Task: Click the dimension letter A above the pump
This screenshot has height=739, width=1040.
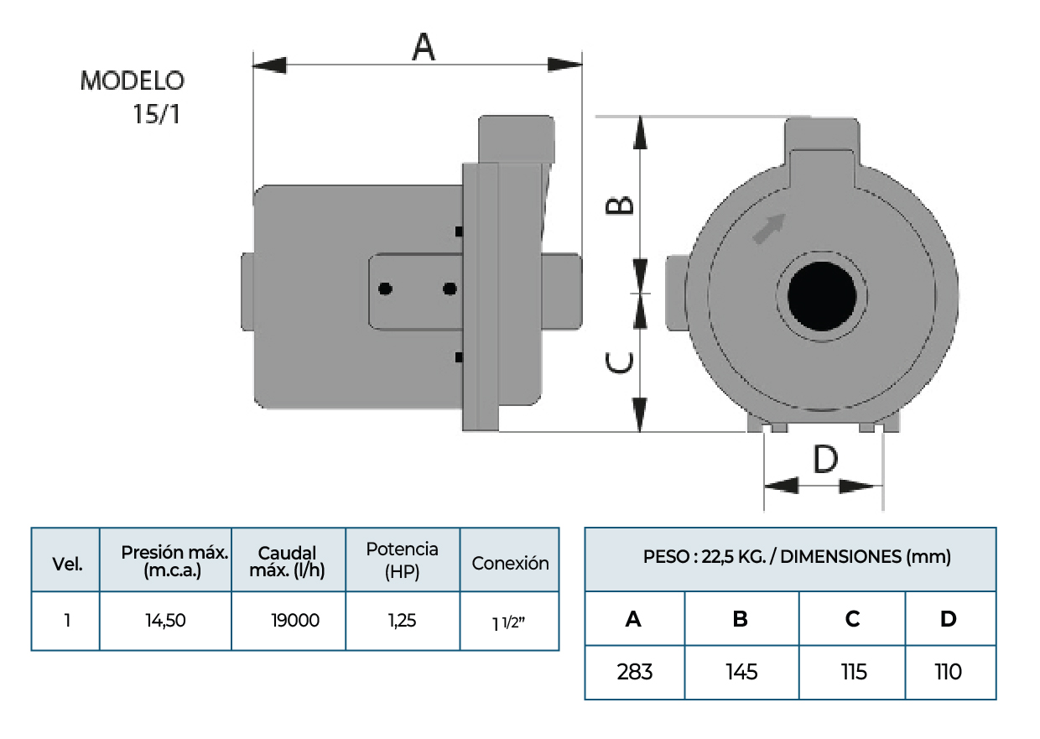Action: point(424,46)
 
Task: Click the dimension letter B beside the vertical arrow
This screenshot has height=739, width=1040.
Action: point(620,206)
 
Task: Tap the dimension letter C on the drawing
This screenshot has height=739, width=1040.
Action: point(620,363)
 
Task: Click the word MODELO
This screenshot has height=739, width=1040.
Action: point(133,81)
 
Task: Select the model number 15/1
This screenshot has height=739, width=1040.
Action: point(157,114)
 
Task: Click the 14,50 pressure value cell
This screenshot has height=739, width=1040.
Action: point(165,621)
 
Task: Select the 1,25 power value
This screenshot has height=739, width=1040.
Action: point(402,621)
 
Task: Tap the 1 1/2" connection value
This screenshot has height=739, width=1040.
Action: point(510,623)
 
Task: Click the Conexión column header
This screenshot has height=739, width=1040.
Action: point(510,564)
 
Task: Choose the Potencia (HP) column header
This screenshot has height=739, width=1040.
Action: point(402,560)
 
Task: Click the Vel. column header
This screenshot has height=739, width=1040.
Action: point(67,564)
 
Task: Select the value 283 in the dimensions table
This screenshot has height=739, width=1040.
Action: point(634,672)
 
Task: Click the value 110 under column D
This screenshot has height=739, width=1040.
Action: point(949,672)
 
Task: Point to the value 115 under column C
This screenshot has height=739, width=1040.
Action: point(853,672)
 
